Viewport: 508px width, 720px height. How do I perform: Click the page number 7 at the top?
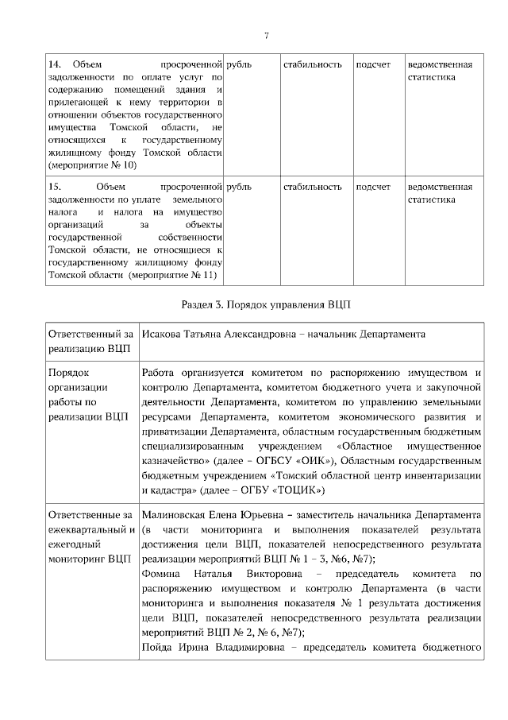266,35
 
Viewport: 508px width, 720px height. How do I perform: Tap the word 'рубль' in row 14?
239,64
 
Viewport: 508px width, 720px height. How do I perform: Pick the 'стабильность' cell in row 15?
313,188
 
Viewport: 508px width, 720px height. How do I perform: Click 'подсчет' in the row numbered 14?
373,64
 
